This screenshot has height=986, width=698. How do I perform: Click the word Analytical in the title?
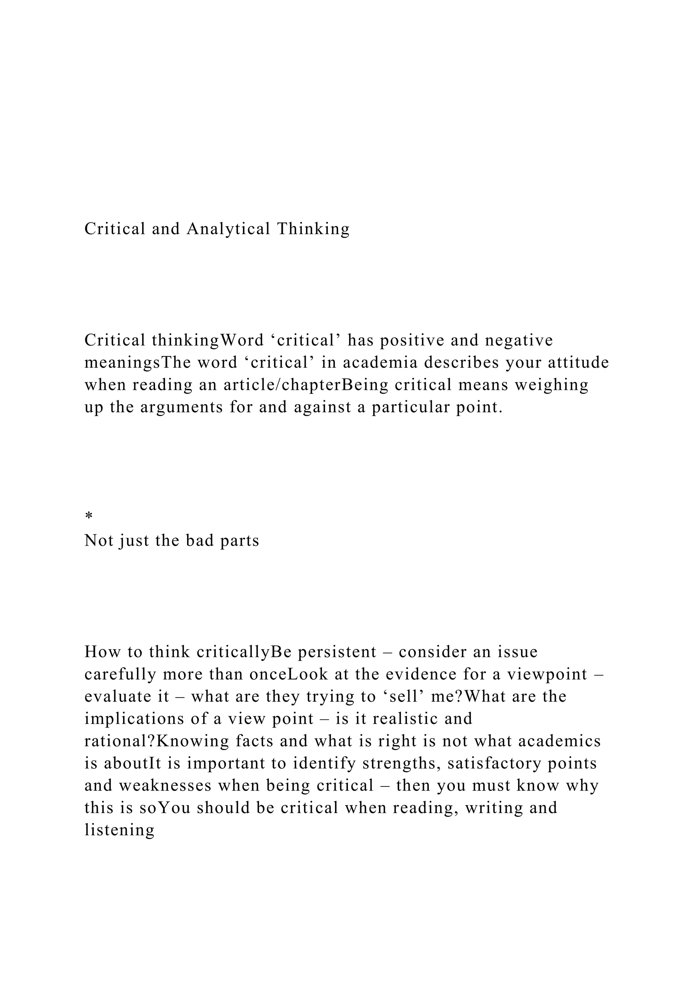[x=228, y=229]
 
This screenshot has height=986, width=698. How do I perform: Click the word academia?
[x=380, y=363]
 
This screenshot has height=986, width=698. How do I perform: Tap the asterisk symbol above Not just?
[x=89, y=516]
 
